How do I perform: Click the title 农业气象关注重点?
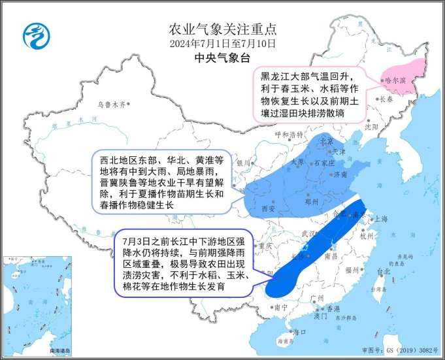point(222,29)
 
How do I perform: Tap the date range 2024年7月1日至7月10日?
point(222,44)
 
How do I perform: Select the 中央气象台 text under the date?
point(222,58)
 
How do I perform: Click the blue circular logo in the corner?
point(35,35)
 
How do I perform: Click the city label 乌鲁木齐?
point(110,104)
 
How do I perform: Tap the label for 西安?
point(267,208)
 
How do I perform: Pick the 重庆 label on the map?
point(265,246)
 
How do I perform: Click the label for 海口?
point(300,332)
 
